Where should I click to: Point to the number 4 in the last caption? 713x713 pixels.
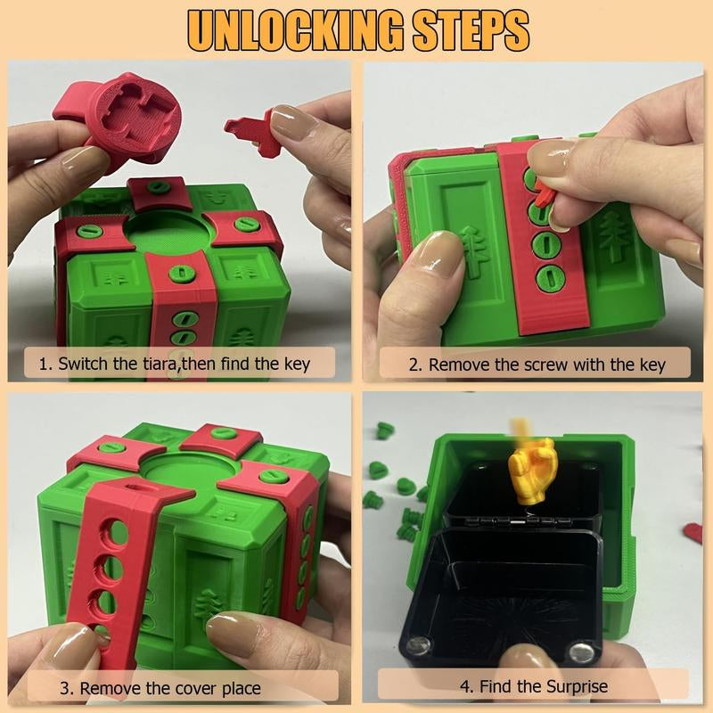[464, 687]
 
